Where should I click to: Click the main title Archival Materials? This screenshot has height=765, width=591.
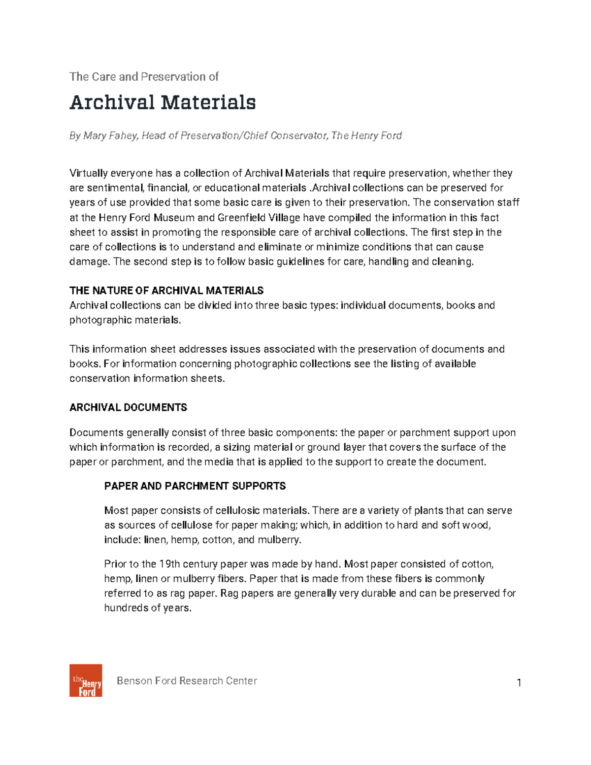coord(163,102)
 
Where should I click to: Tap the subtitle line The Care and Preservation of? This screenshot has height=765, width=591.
coord(144,77)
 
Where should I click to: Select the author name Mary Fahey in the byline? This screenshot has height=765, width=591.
coord(110,135)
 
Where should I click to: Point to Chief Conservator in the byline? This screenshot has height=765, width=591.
coord(285,135)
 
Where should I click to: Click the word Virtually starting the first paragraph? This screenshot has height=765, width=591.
coord(88,173)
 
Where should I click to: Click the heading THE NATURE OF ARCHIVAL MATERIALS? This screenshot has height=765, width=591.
coord(166,291)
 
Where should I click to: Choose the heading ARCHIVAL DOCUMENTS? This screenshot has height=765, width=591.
coord(128,407)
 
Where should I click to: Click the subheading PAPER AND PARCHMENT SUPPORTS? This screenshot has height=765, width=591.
coord(195,486)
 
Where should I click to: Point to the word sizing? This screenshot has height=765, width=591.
coord(238,447)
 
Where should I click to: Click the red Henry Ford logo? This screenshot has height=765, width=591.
coord(86,680)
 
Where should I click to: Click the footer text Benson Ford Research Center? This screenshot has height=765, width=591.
coord(187,681)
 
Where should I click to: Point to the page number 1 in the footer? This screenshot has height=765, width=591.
coord(519,683)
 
